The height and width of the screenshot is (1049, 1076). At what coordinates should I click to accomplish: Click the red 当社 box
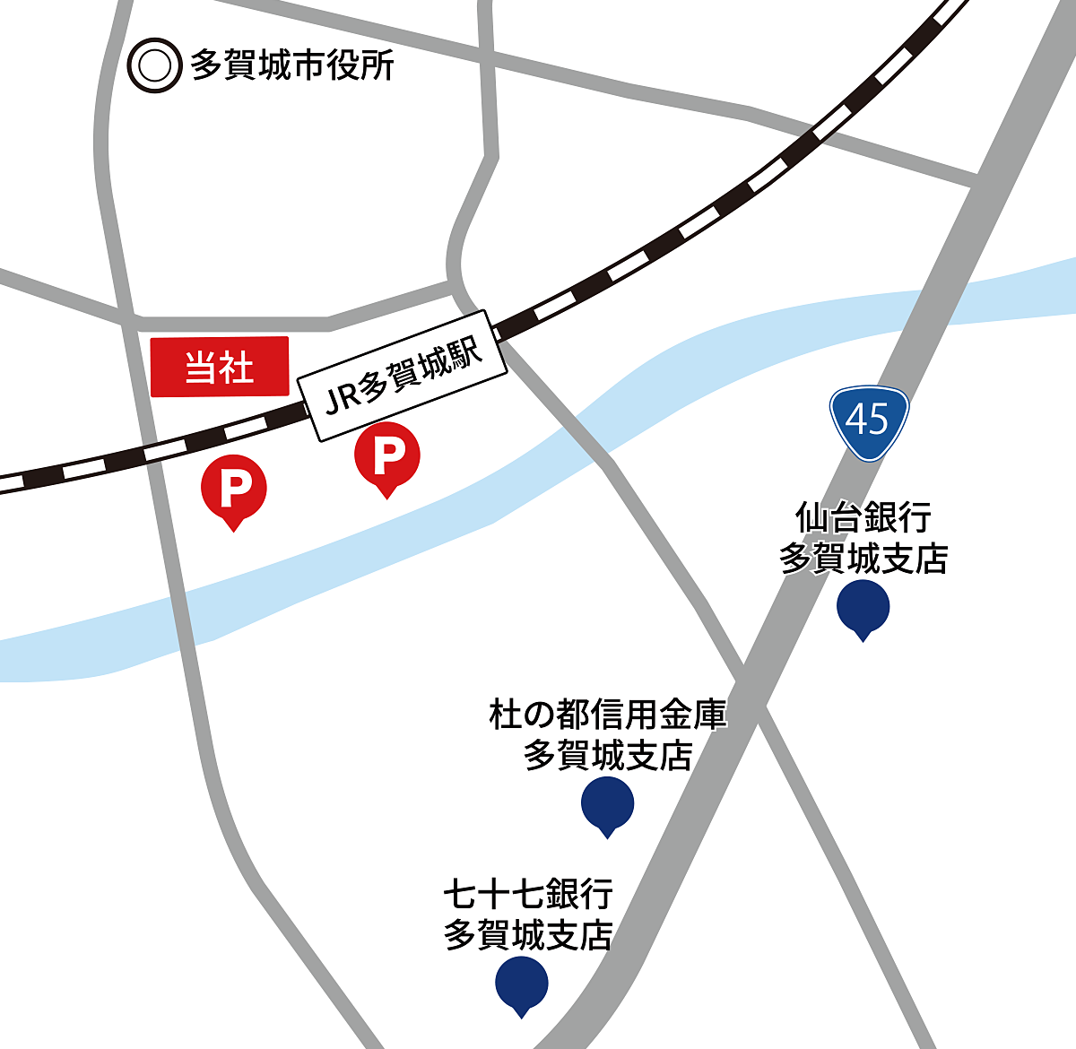(220, 366)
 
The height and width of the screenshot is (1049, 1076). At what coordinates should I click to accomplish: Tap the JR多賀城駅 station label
(403, 377)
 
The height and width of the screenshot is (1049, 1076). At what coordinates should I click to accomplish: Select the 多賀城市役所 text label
(291, 66)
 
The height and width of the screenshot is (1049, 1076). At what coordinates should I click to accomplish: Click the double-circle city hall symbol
(154, 65)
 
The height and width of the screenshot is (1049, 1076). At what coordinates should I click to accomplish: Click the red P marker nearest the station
(386, 455)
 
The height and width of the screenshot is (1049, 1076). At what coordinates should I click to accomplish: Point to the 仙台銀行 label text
(863, 518)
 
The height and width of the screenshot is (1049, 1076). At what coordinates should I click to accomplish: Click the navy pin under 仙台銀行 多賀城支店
(863, 607)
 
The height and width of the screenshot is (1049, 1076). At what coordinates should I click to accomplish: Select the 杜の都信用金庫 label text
(607, 715)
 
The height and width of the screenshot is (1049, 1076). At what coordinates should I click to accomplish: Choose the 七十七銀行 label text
(528, 894)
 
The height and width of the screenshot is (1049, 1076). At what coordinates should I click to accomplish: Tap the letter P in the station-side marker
(387, 455)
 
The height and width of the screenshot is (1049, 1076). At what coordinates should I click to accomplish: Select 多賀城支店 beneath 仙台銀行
(863, 559)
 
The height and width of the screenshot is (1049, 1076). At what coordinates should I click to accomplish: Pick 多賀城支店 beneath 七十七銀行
(528, 935)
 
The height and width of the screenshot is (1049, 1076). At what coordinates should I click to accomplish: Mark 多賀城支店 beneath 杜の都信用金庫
(607, 756)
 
